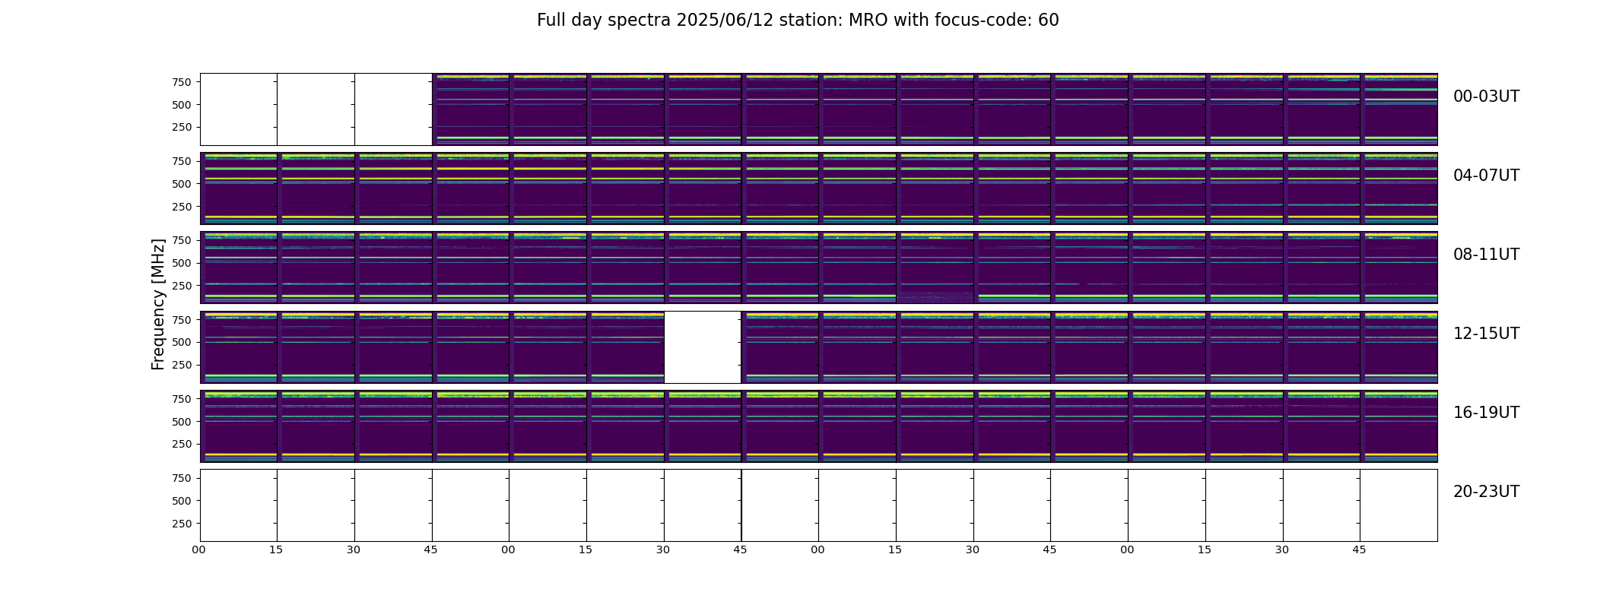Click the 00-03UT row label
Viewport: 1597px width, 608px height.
[1486, 97]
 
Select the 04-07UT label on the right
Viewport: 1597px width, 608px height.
[1486, 176]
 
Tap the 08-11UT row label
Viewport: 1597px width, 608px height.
[1486, 255]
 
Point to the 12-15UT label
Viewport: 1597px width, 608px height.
[1486, 334]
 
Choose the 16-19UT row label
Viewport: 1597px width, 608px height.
[1486, 413]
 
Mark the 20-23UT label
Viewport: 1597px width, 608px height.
[1486, 492]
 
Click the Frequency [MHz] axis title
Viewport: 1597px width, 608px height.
[158, 304]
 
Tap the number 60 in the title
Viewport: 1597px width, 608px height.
[1049, 21]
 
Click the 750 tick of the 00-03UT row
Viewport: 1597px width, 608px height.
[182, 82]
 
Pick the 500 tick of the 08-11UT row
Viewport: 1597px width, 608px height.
[182, 263]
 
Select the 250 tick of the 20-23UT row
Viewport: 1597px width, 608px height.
[182, 524]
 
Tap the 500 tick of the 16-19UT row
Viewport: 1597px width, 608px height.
[182, 422]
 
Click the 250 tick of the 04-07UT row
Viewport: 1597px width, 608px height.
[182, 207]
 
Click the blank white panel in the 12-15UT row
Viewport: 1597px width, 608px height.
[703, 347]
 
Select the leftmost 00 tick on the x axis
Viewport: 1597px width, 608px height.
[198, 550]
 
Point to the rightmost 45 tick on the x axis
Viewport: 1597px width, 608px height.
[1359, 550]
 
